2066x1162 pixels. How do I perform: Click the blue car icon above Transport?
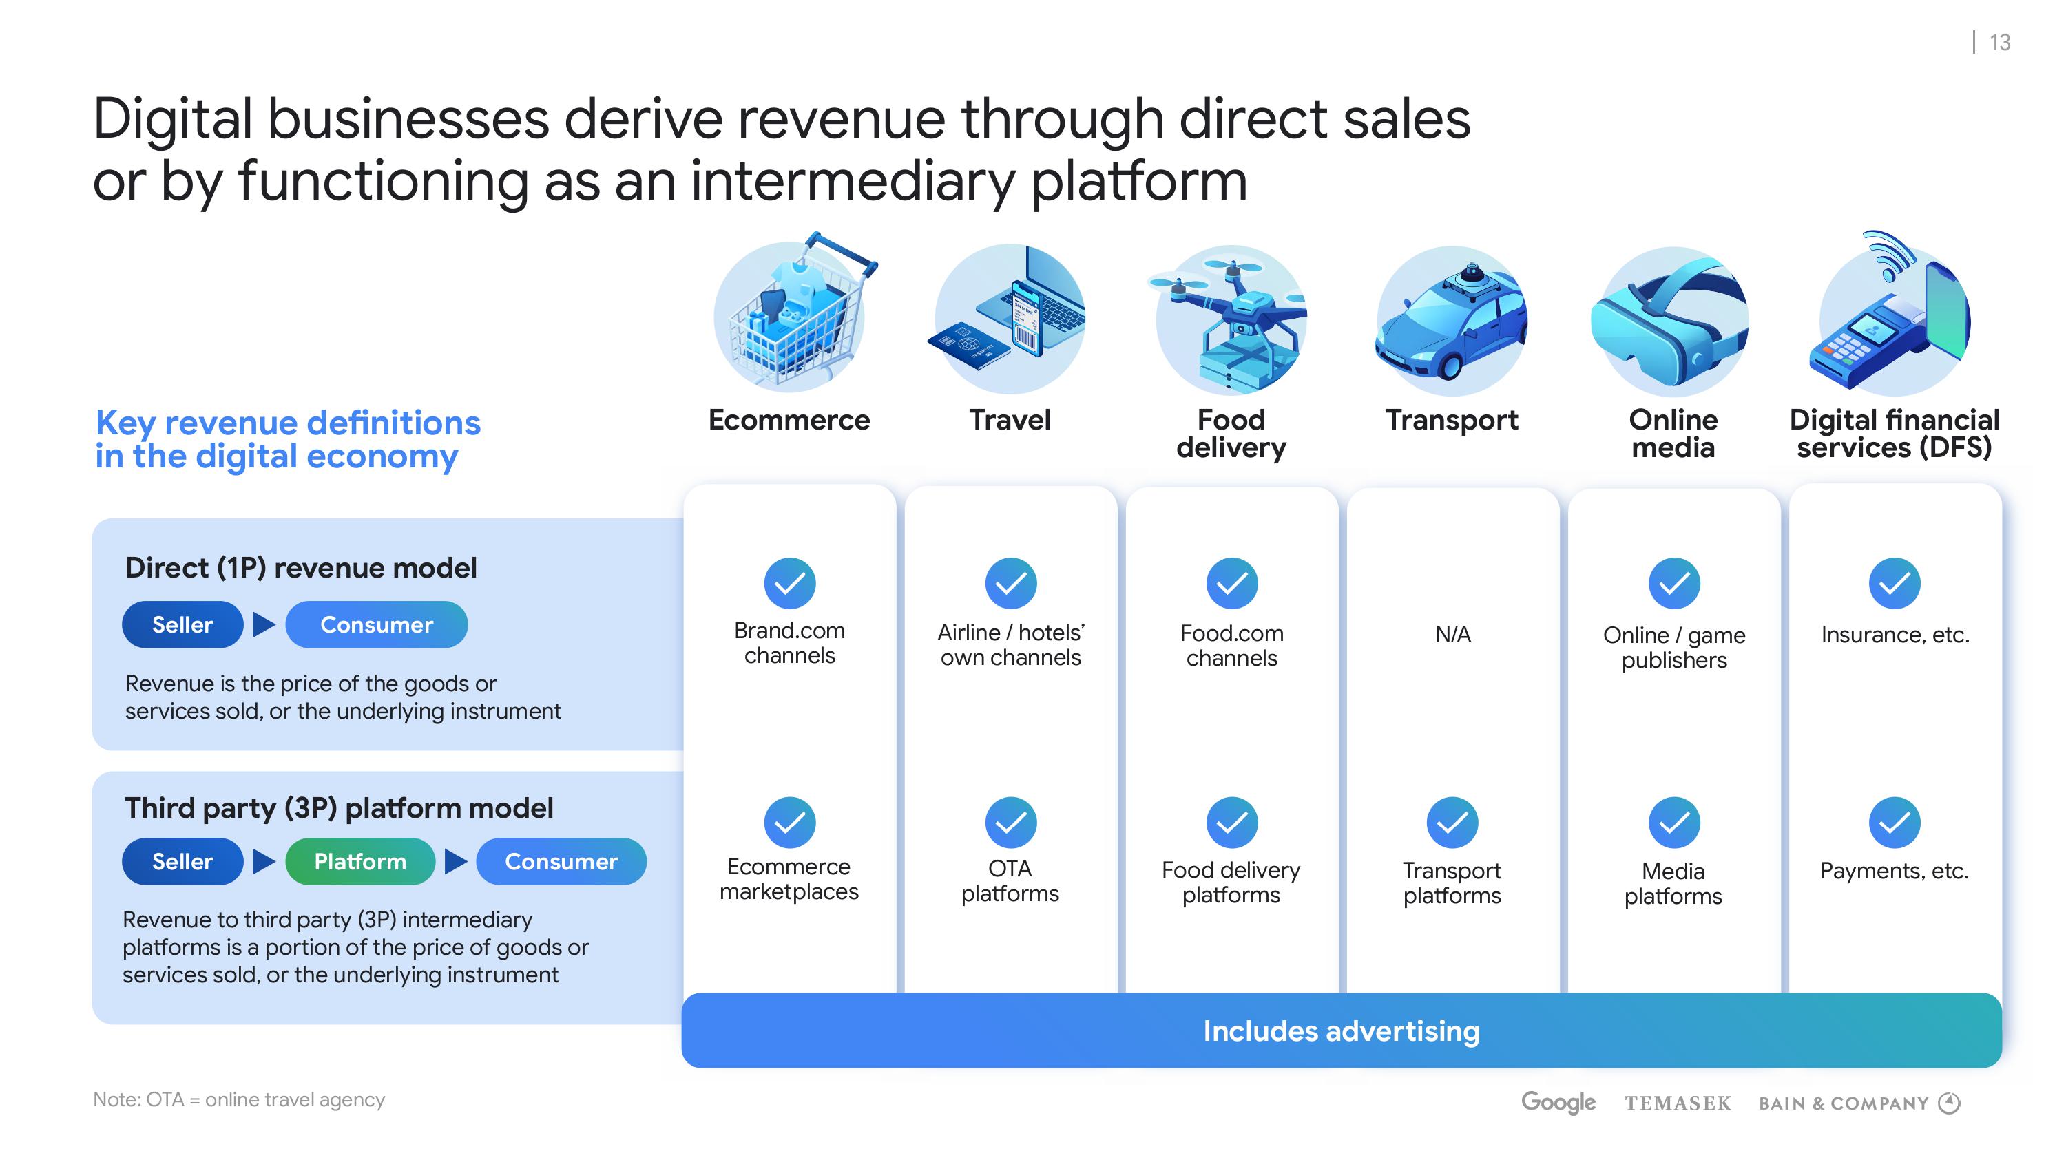point(1452,321)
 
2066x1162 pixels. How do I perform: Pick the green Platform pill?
point(360,861)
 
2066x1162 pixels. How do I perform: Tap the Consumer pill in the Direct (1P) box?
point(376,624)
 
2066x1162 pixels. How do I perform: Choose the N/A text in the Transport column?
point(1452,634)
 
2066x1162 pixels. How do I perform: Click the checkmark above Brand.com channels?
point(789,583)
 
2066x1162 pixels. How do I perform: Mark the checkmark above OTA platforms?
point(1010,822)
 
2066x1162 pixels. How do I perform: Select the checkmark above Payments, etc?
point(1895,822)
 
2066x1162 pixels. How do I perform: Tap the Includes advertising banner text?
point(1341,1031)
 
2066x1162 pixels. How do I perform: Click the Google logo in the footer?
point(1558,1103)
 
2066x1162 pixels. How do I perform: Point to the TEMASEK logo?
point(1678,1103)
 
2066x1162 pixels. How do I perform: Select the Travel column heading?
point(1010,419)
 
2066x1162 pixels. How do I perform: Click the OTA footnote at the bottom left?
point(239,1099)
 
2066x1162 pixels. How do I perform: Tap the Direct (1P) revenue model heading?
point(301,568)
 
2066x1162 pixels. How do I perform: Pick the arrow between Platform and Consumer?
point(455,861)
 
